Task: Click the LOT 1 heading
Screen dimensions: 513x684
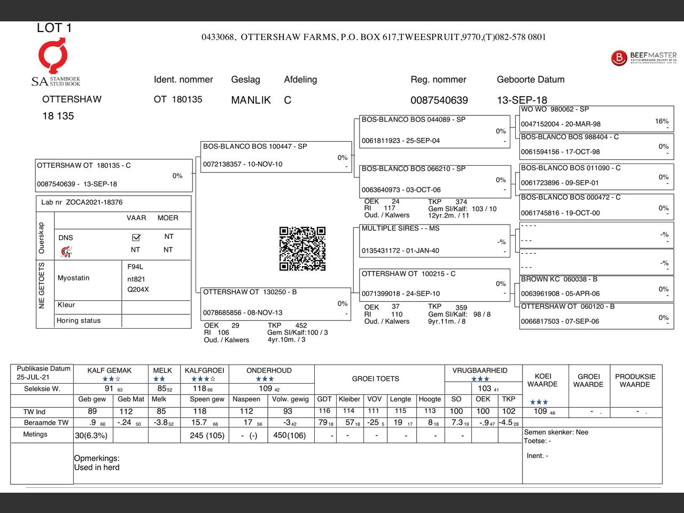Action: pos(54,28)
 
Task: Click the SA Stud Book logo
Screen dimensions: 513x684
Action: pos(55,62)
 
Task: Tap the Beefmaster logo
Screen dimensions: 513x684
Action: pos(643,58)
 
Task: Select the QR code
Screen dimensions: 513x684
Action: pos(302,248)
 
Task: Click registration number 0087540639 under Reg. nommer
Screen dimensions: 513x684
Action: pos(439,100)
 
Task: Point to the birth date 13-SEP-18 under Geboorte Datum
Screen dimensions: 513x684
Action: pos(522,100)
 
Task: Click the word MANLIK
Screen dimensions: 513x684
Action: pos(251,100)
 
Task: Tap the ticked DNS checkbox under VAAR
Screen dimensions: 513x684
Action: pos(136,237)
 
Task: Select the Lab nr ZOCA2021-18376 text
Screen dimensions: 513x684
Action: pos(82,203)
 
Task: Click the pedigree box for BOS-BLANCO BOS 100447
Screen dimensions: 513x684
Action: pos(275,156)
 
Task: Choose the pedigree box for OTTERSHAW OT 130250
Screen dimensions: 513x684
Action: pos(275,303)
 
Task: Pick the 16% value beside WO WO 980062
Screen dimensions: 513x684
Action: pos(662,121)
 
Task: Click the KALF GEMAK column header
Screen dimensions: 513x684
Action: pos(110,370)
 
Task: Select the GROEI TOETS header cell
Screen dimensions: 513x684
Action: pos(375,379)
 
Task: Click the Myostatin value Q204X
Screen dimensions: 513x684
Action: pos(138,290)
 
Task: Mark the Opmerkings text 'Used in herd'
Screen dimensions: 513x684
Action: pos(97,468)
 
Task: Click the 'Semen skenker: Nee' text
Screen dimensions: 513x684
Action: pos(556,432)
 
